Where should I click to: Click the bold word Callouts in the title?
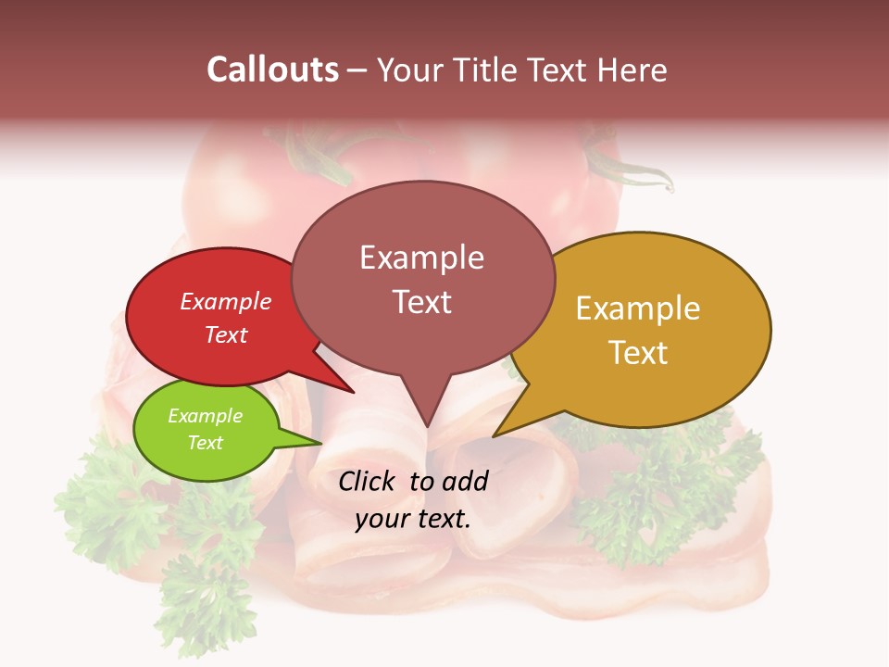point(272,69)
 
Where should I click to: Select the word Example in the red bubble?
point(226,301)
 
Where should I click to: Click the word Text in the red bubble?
point(226,334)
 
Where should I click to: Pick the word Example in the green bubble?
point(205,416)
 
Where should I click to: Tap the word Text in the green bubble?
point(205,443)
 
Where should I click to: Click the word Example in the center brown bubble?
point(421,258)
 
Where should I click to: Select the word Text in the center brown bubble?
point(421,302)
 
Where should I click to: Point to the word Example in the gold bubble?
point(638,308)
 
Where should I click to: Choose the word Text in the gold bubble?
point(638,353)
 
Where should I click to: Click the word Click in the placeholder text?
point(369,481)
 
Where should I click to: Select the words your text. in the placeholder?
point(413,518)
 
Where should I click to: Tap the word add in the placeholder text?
point(465,481)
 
